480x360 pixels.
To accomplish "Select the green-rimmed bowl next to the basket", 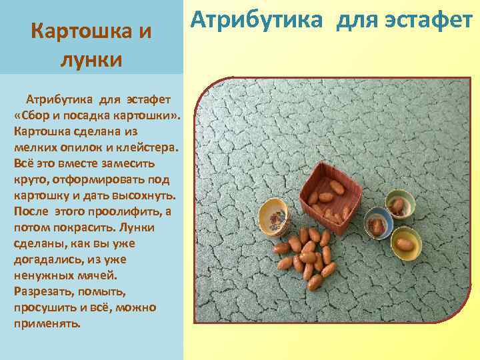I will pyautogui.click(x=398, y=205).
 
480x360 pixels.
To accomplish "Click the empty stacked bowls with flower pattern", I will pyautogui.click(x=274, y=217).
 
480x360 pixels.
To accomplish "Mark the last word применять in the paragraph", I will pyautogui.click(x=46, y=323).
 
